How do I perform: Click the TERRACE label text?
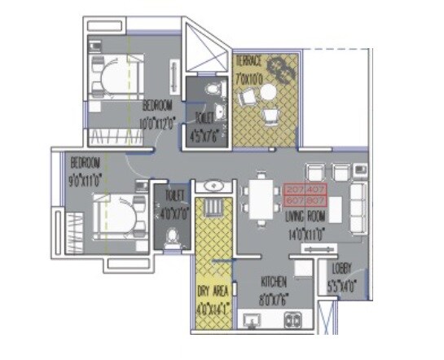point(248,61)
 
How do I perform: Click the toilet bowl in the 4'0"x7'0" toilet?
point(172,235)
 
